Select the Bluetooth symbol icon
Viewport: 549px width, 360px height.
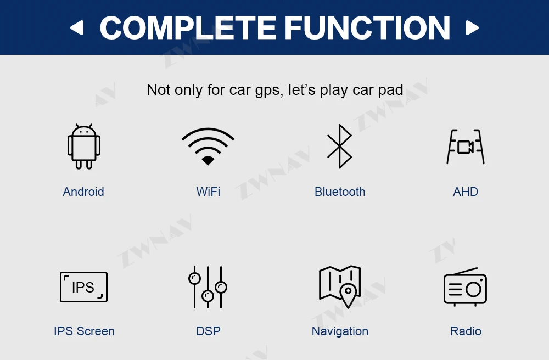tap(339, 146)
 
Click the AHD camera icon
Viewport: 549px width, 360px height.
tap(466, 147)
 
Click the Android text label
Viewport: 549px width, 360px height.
tap(83, 192)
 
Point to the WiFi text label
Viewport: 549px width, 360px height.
tap(208, 192)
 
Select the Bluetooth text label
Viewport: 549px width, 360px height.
tap(340, 192)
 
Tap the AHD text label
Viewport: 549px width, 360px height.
tap(466, 192)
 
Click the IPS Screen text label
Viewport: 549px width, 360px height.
tap(84, 331)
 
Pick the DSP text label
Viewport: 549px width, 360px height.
tap(208, 331)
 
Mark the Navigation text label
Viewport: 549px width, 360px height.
tap(340, 331)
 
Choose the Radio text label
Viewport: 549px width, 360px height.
tap(466, 331)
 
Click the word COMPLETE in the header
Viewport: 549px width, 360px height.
tap(188, 27)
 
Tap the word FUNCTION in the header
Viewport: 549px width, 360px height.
tap(367, 27)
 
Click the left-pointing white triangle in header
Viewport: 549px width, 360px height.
tap(77, 27)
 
